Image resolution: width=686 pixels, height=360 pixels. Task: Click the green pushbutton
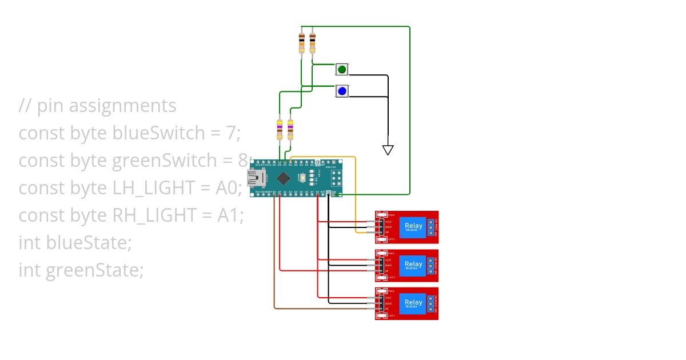(x=342, y=70)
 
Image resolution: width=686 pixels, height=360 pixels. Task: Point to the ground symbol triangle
(x=388, y=150)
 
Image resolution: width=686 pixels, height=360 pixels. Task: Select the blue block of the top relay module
(x=413, y=227)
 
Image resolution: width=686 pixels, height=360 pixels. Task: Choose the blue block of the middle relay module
(x=413, y=265)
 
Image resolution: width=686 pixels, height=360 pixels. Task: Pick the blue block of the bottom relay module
(x=413, y=303)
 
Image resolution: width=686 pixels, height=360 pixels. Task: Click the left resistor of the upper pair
(x=302, y=42)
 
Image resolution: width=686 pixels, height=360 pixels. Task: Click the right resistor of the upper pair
(x=312, y=42)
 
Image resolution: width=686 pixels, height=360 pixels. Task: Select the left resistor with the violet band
(x=279, y=129)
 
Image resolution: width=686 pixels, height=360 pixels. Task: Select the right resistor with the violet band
(x=290, y=129)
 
